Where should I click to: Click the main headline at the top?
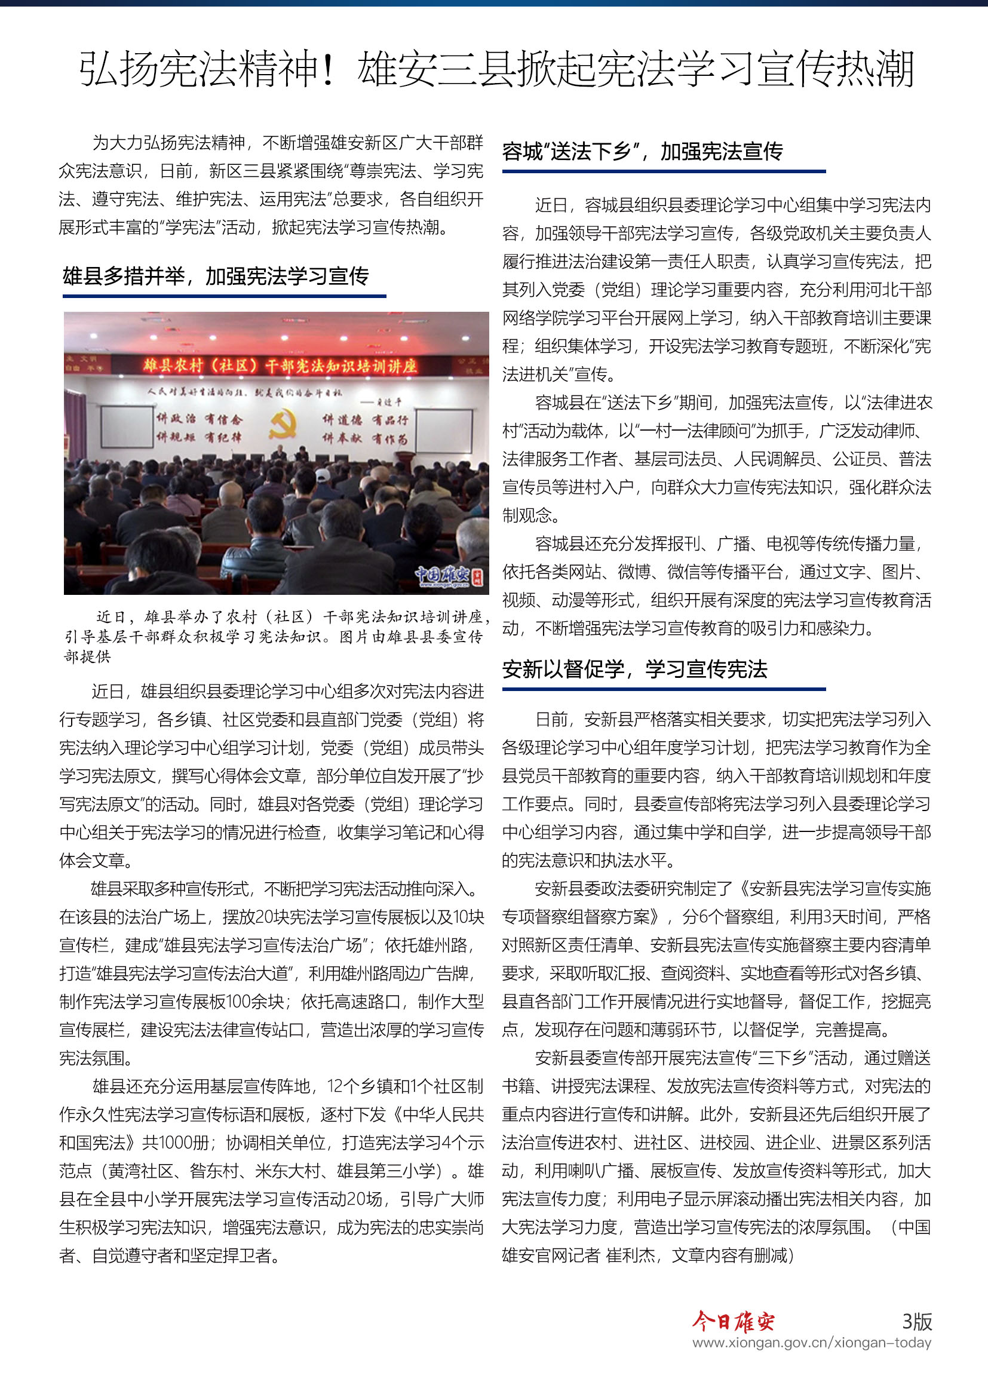tap(496, 69)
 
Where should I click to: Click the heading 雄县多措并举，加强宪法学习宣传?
tap(216, 277)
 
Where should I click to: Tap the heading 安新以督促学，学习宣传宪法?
tap(634, 670)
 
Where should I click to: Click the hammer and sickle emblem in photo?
tap(283, 424)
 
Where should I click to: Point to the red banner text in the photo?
tap(280, 365)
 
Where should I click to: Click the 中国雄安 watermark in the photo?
tap(447, 575)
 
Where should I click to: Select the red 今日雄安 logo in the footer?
tap(733, 1322)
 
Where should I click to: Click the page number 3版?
tap(916, 1322)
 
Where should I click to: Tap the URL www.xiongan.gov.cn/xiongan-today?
tap(812, 1343)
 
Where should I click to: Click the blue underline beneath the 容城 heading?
tap(664, 171)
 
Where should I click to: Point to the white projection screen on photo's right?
tap(443, 430)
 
